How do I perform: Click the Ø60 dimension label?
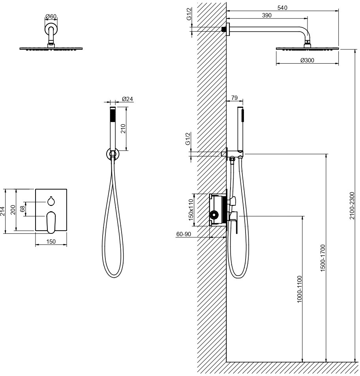51,16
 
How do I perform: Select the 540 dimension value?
282,8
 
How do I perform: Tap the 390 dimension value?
266,15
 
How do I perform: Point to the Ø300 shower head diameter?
307,60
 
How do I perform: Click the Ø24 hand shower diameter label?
127,99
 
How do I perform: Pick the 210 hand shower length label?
123,129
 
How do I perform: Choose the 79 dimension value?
234,98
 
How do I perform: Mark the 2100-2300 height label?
352,205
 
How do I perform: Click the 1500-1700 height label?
323,258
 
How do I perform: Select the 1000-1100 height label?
300,289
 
